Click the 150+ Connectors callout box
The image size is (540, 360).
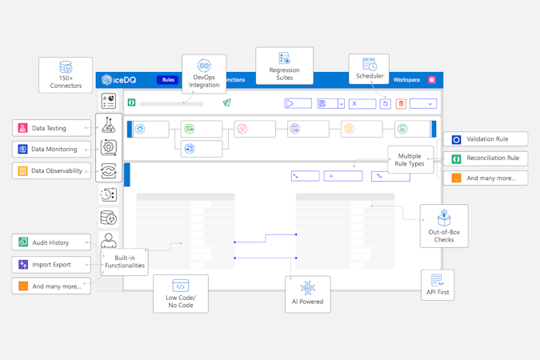coord(66,74)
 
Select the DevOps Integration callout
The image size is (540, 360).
coord(204,74)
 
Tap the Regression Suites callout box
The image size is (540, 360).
coord(284,66)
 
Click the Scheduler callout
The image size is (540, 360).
coord(369,69)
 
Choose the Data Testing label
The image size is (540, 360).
coord(51,128)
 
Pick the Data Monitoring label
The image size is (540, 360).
coord(51,149)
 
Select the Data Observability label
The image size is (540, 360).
coord(51,170)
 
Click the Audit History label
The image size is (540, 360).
coord(51,242)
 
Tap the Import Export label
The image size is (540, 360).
coord(51,264)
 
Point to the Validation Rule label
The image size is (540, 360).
coord(486,139)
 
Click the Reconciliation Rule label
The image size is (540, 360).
coord(486,158)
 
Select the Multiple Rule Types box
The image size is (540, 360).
coord(410,159)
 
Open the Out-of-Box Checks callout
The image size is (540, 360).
coord(444,226)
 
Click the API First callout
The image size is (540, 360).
coord(438,284)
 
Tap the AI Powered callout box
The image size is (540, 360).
coord(307,294)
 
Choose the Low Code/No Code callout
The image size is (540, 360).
coord(180,294)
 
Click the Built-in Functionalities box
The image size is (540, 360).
coord(125,262)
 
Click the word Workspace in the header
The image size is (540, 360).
coord(406,80)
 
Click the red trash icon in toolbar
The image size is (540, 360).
coord(402,103)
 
